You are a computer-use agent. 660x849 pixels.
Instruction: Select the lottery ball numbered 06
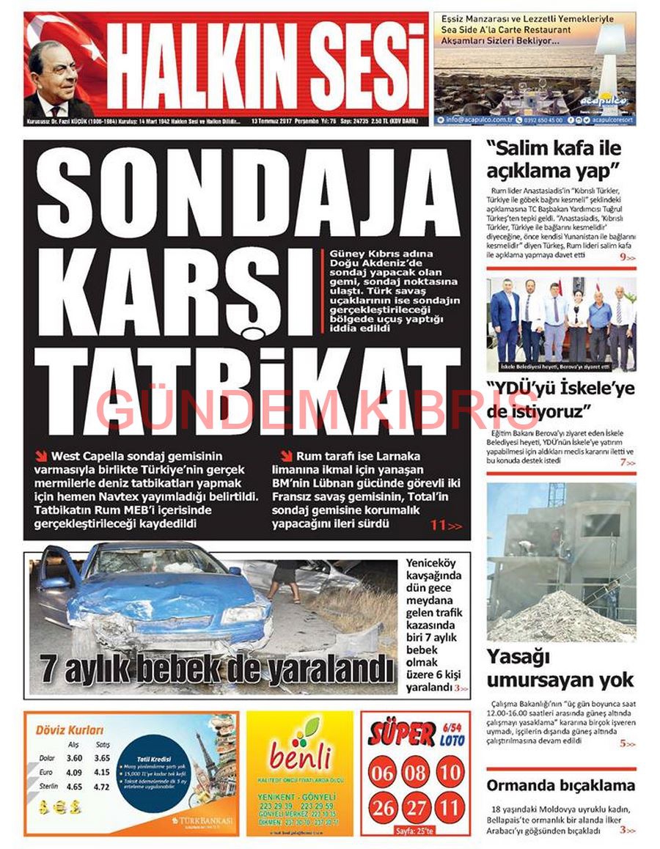(383, 772)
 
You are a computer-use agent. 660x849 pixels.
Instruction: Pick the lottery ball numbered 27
(417, 808)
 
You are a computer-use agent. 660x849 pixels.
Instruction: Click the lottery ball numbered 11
(450, 808)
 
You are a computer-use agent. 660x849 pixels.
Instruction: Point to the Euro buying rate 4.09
(74, 772)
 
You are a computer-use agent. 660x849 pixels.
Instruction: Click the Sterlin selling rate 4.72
(102, 787)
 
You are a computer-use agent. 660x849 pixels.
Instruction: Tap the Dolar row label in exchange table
(47, 758)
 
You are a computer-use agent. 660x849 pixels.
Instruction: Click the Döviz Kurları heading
(70, 730)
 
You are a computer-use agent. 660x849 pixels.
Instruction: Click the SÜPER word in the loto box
(402, 733)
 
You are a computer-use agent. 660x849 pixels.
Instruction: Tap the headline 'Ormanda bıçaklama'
(560, 785)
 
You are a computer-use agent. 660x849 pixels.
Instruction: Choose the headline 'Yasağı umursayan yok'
(560, 668)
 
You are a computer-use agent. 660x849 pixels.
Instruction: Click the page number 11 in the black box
(439, 526)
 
